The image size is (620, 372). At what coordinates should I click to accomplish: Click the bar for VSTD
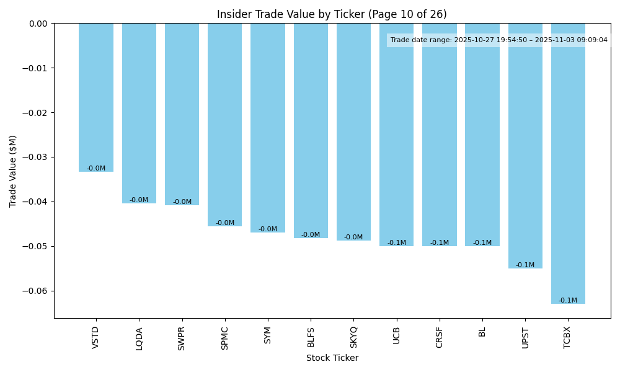point(96,97)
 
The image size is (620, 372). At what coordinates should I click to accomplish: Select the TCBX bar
point(568,163)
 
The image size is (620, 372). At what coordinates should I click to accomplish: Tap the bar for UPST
point(525,146)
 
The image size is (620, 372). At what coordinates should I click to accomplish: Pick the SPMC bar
point(224,125)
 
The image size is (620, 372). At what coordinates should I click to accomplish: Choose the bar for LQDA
point(139,113)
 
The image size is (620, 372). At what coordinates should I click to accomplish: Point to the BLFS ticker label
point(311,338)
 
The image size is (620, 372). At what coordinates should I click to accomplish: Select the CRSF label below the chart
point(440,338)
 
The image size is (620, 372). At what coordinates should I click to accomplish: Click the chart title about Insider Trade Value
point(332,14)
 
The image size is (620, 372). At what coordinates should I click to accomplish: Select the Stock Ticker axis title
point(332,358)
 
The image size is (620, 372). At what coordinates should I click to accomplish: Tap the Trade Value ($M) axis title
point(13,171)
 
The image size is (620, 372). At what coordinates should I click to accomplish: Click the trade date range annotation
point(498,40)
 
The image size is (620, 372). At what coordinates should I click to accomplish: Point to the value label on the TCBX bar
point(568,301)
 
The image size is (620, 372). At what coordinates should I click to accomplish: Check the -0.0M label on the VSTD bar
point(96,169)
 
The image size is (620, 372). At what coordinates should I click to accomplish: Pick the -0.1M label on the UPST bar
point(525,265)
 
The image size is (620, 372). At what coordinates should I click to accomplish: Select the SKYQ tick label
point(353,338)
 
